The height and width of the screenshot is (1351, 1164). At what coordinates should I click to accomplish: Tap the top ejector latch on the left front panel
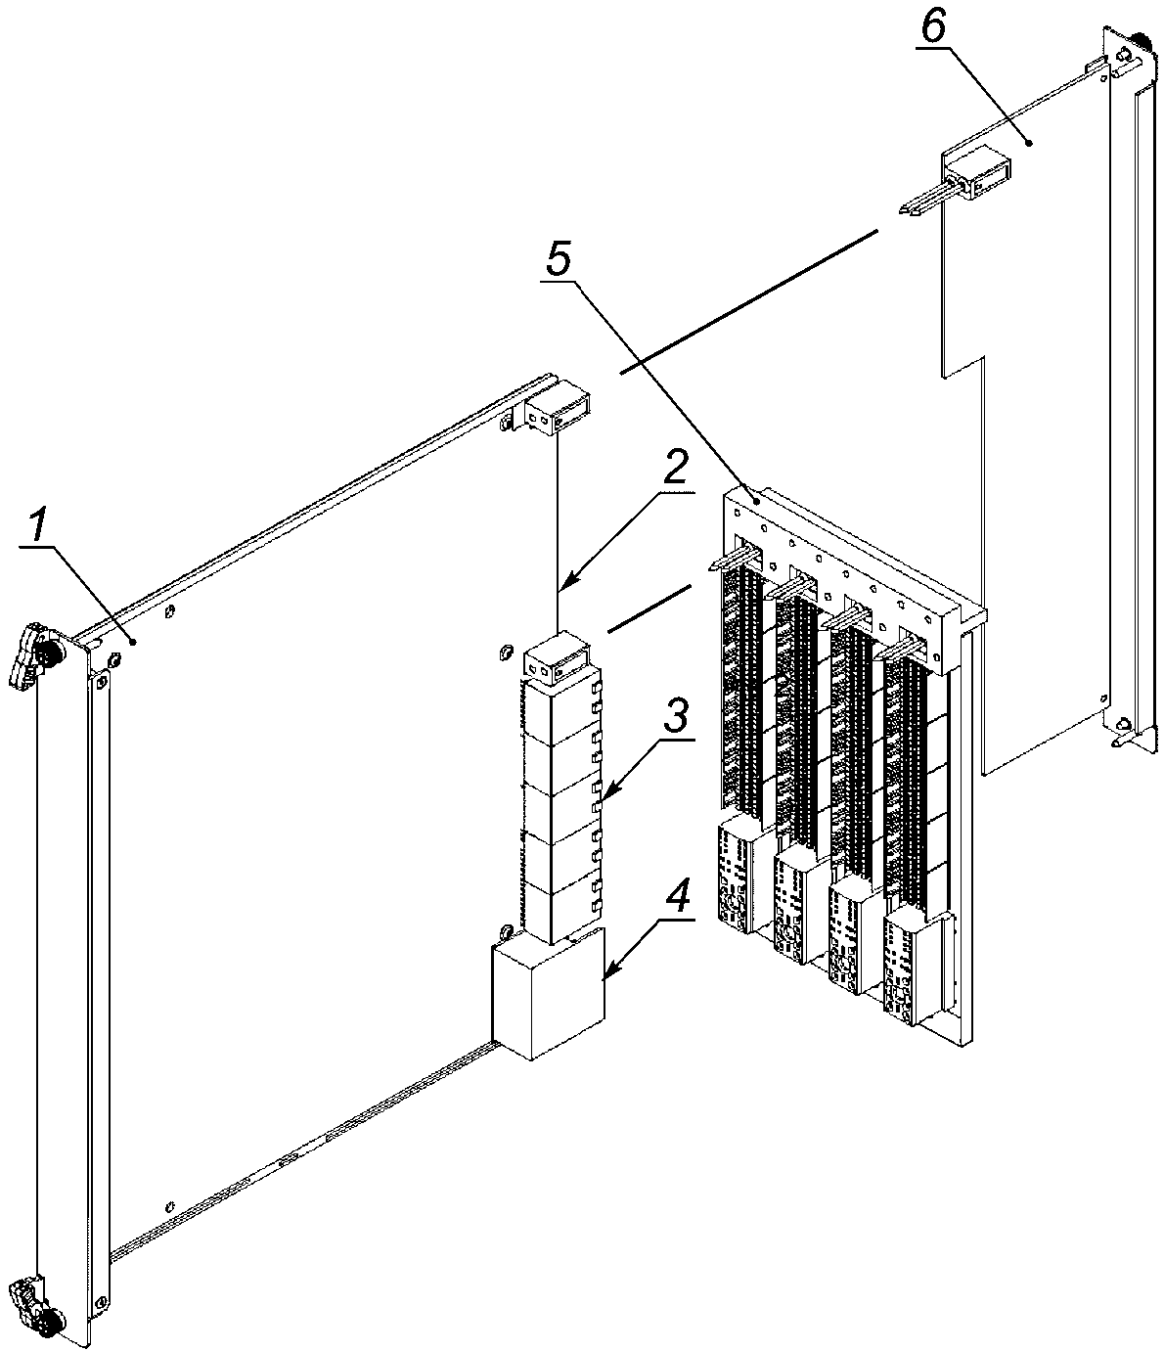29,653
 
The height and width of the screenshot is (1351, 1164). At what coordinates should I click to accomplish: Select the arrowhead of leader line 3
598,805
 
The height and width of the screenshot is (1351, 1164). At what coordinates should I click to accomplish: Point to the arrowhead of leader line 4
600,978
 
